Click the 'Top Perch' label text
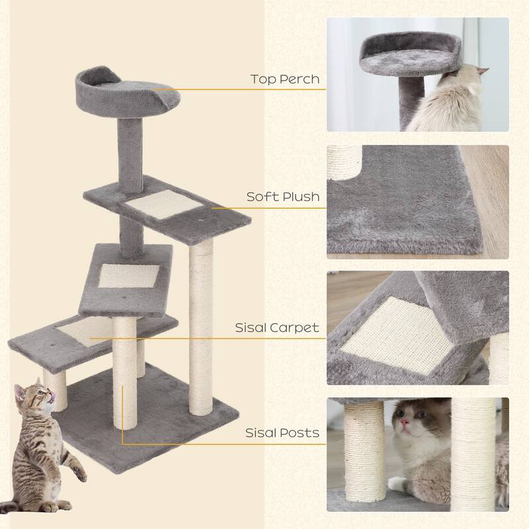(284, 79)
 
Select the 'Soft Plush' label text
(283, 196)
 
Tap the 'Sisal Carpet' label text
(277, 327)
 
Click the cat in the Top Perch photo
(450, 102)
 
